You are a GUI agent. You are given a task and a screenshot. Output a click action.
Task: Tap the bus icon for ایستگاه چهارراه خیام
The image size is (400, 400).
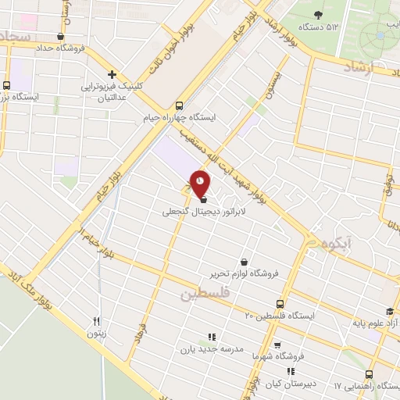point(180,105)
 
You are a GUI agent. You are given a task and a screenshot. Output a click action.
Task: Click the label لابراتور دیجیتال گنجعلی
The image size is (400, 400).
point(204,212)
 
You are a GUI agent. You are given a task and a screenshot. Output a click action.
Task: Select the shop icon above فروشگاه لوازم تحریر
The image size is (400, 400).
point(245,262)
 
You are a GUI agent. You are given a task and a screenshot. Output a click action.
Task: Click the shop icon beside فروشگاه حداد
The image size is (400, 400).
point(61,36)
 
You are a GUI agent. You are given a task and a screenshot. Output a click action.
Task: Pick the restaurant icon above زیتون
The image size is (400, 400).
point(97,321)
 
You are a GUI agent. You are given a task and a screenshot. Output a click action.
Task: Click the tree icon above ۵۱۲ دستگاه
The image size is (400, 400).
point(318,15)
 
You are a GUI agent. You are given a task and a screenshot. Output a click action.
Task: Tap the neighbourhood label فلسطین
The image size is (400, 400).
point(205,295)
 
